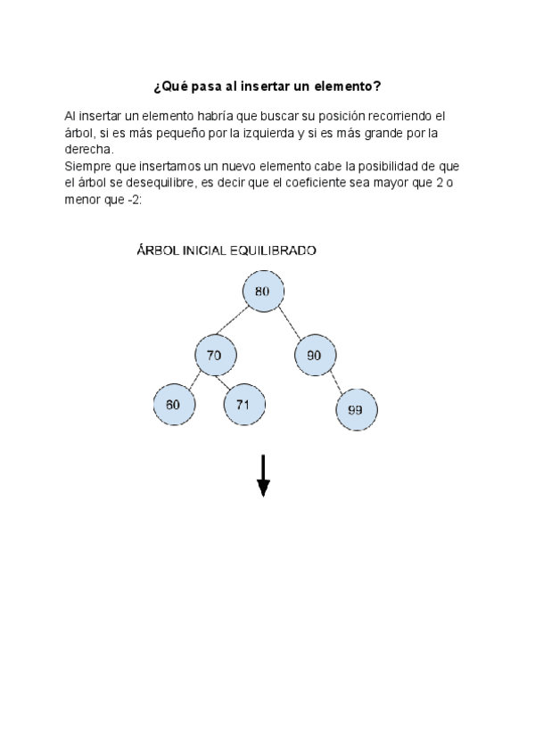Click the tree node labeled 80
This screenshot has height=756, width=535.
[x=262, y=292]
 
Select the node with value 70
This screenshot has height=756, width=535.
[x=214, y=355]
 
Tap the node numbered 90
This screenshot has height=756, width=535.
[x=314, y=355]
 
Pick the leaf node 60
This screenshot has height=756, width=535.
[x=173, y=404]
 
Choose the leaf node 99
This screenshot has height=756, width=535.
[x=356, y=409]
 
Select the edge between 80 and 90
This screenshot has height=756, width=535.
[x=289, y=324]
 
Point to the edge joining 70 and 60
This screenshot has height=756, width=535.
[x=193, y=380]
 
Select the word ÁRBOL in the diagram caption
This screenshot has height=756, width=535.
[x=157, y=251]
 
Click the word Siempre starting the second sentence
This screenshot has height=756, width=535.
[x=86, y=167]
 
